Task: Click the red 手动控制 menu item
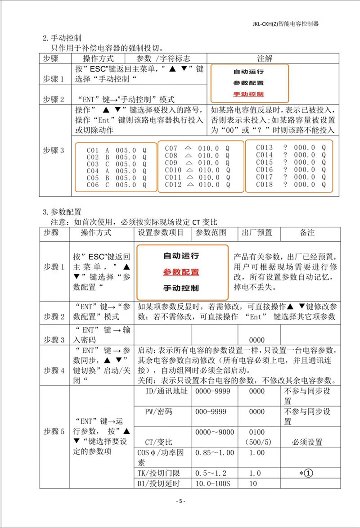coord(248,95)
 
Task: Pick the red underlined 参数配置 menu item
coord(181,272)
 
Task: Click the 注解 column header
coord(264,58)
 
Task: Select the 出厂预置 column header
coord(257,233)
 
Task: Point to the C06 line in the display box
coord(116,185)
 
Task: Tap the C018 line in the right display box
coord(291,184)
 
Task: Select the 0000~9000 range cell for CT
coord(215,432)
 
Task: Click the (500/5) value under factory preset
coord(257,442)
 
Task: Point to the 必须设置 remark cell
coord(307,442)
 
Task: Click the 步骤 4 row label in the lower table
coord(54,371)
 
